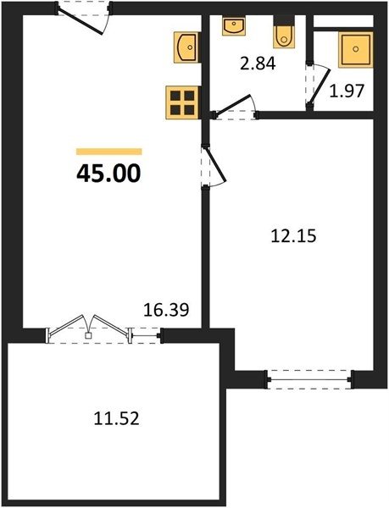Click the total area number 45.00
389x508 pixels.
coord(108,173)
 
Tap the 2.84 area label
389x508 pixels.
coord(258,63)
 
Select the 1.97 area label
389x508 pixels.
coord(347,91)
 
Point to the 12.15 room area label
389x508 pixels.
coord(293,236)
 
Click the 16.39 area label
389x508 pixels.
coord(166,310)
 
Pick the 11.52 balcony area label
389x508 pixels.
coord(116,418)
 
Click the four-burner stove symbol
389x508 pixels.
coord(182,102)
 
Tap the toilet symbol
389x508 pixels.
coord(284,32)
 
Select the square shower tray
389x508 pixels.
coord(356,49)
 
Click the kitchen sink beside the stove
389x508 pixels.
coord(186,47)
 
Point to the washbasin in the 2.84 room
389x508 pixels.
coord(233,26)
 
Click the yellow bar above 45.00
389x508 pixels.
coord(109,152)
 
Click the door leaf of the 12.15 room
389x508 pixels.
coord(215,164)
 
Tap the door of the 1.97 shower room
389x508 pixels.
coord(320,86)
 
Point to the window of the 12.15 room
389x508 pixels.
coord(310,379)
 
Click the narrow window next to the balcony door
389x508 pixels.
coord(146,335)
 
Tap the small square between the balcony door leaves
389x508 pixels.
coord(88,335)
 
